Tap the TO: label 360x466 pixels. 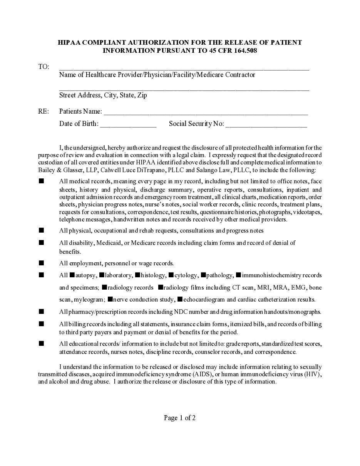[x=44, y=67]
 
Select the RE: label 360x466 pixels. [x=44, y=111]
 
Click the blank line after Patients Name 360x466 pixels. [x=206, y=112]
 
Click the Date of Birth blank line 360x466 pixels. [x=128, y=124]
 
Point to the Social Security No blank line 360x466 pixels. [x=266, y=124]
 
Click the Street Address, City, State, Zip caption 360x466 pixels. [x=103, y=95]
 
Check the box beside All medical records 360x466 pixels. [x=41, y=181]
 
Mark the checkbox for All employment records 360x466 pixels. [x=41, y=263]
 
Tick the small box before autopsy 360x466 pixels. [x=72, y=275]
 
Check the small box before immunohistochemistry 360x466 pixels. [x=238, y=275]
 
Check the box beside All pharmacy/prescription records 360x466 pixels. [x=41, y=311]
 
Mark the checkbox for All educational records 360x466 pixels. [x=41, y=343]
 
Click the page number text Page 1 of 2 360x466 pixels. [x=180, y=418]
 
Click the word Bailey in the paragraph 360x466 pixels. [x=47, y=170]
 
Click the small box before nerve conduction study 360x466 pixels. [x=110, y=299]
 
